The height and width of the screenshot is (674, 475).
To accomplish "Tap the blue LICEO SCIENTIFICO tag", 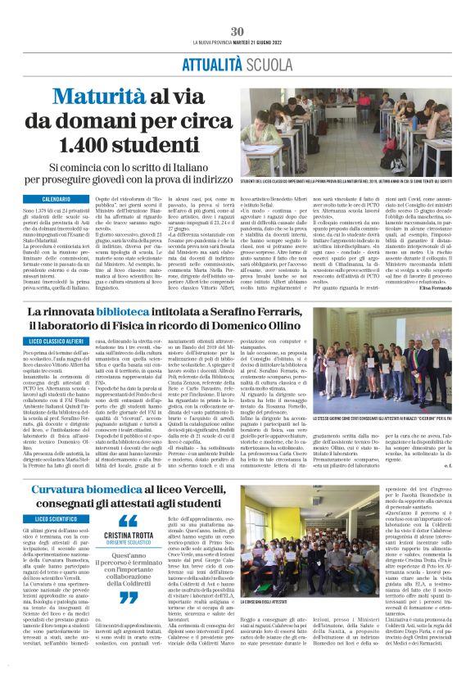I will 56,519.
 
